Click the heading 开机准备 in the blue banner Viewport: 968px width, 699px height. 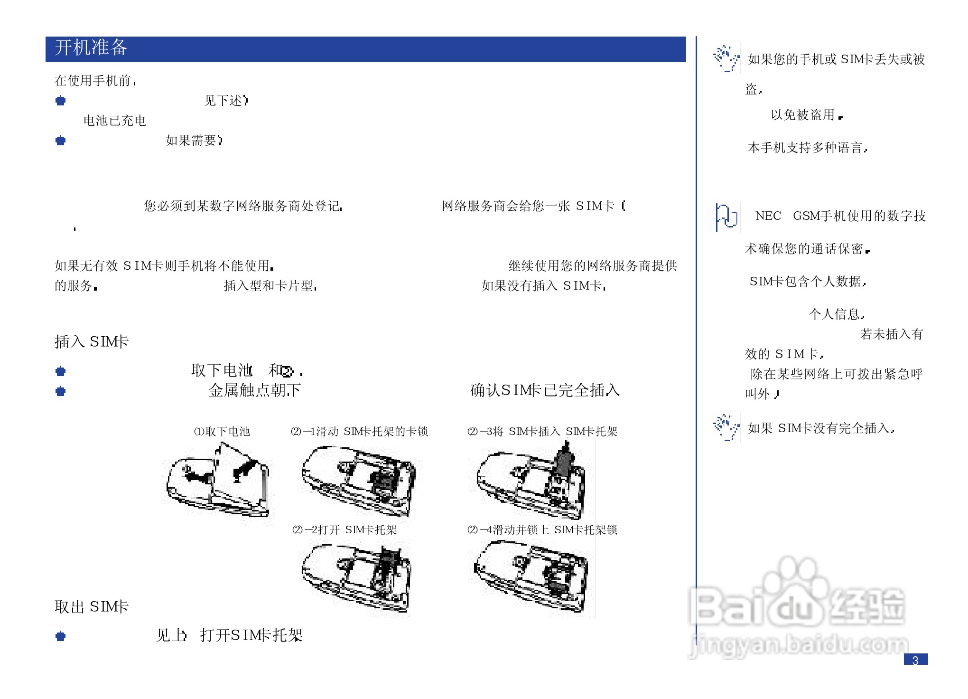pos(91,48)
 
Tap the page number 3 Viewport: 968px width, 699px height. pos(915,660)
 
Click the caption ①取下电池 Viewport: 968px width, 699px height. pos(222,431)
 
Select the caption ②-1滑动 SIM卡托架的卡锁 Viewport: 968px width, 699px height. pos(359,431)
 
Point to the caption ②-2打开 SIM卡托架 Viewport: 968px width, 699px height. pos(344,529)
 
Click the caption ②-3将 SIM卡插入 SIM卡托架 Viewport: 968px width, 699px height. pos(542,431)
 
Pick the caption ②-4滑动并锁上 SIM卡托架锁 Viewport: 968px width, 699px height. pos(542,529)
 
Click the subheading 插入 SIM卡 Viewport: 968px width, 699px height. pos(92,341)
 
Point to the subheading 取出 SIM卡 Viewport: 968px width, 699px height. pos(92,606)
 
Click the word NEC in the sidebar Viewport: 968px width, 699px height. pos(768,216)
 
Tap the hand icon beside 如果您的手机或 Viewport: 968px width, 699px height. pos(726,58)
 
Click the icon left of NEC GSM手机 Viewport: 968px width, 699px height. pos(726,217)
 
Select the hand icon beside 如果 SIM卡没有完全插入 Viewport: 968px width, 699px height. pos(726,427)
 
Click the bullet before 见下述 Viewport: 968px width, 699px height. pos(60,101)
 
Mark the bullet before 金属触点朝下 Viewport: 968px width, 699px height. pos(60,391)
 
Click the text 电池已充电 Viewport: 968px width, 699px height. pos(114,121)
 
